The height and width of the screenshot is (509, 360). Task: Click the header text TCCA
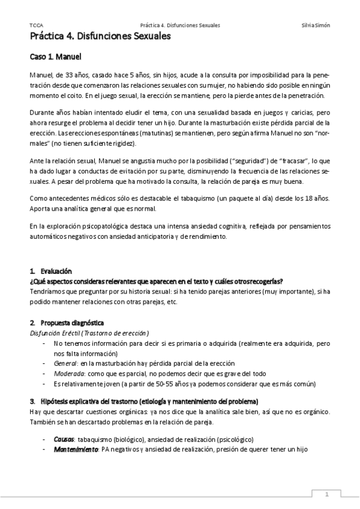[34, 26]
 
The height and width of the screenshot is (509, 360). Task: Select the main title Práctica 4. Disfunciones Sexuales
[100, 37]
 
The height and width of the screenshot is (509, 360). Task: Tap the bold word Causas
[64, 439]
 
